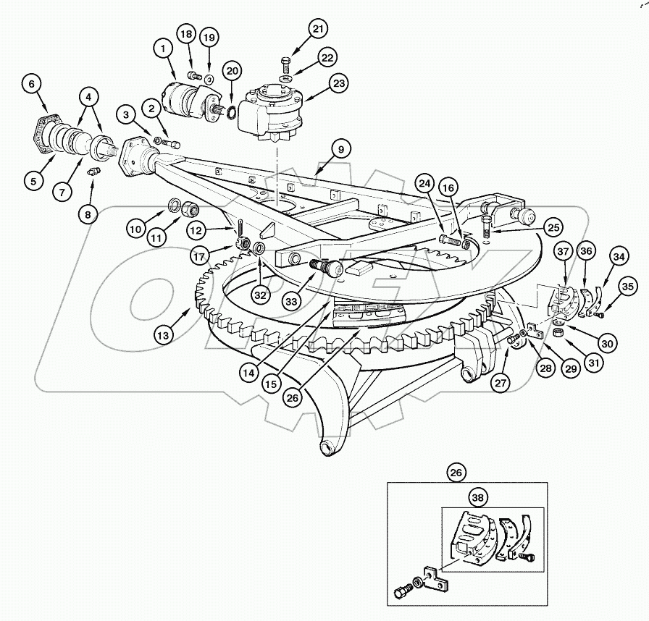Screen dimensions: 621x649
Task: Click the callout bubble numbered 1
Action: click(164, 48)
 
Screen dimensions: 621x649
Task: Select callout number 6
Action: click(31, 84)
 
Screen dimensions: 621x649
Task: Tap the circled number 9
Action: click(341, 150)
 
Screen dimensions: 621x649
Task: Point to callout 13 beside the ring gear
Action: click(164, 334)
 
